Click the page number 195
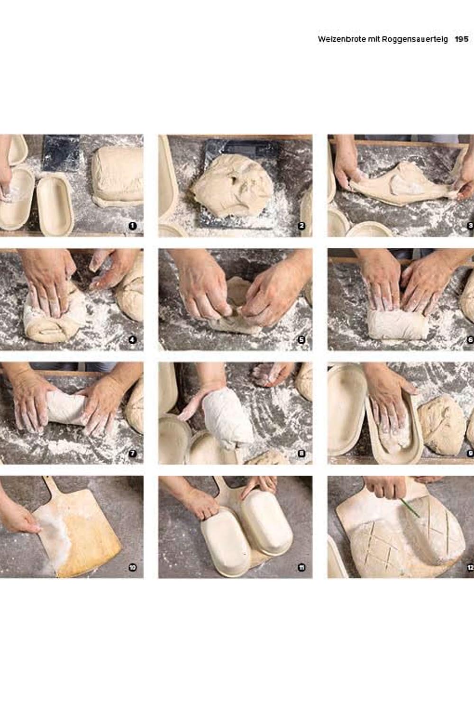click(x=462, y=39)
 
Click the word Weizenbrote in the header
click(x=342, y=39)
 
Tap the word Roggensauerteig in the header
click(x=415, y=40)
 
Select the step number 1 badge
click(x=132, y=226)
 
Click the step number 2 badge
click(x=301, y=226)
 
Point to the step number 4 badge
click(x=132, y=340)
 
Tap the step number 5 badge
click(x=301, y=340)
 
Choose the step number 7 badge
click(x=132, y=454)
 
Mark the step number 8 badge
click(x=301, y=454)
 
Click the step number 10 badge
click(x=132, y=567)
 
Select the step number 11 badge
click(x=301, y=567)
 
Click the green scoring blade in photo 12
click(x=410, y=508)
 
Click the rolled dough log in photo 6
click(x=399, y=324)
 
